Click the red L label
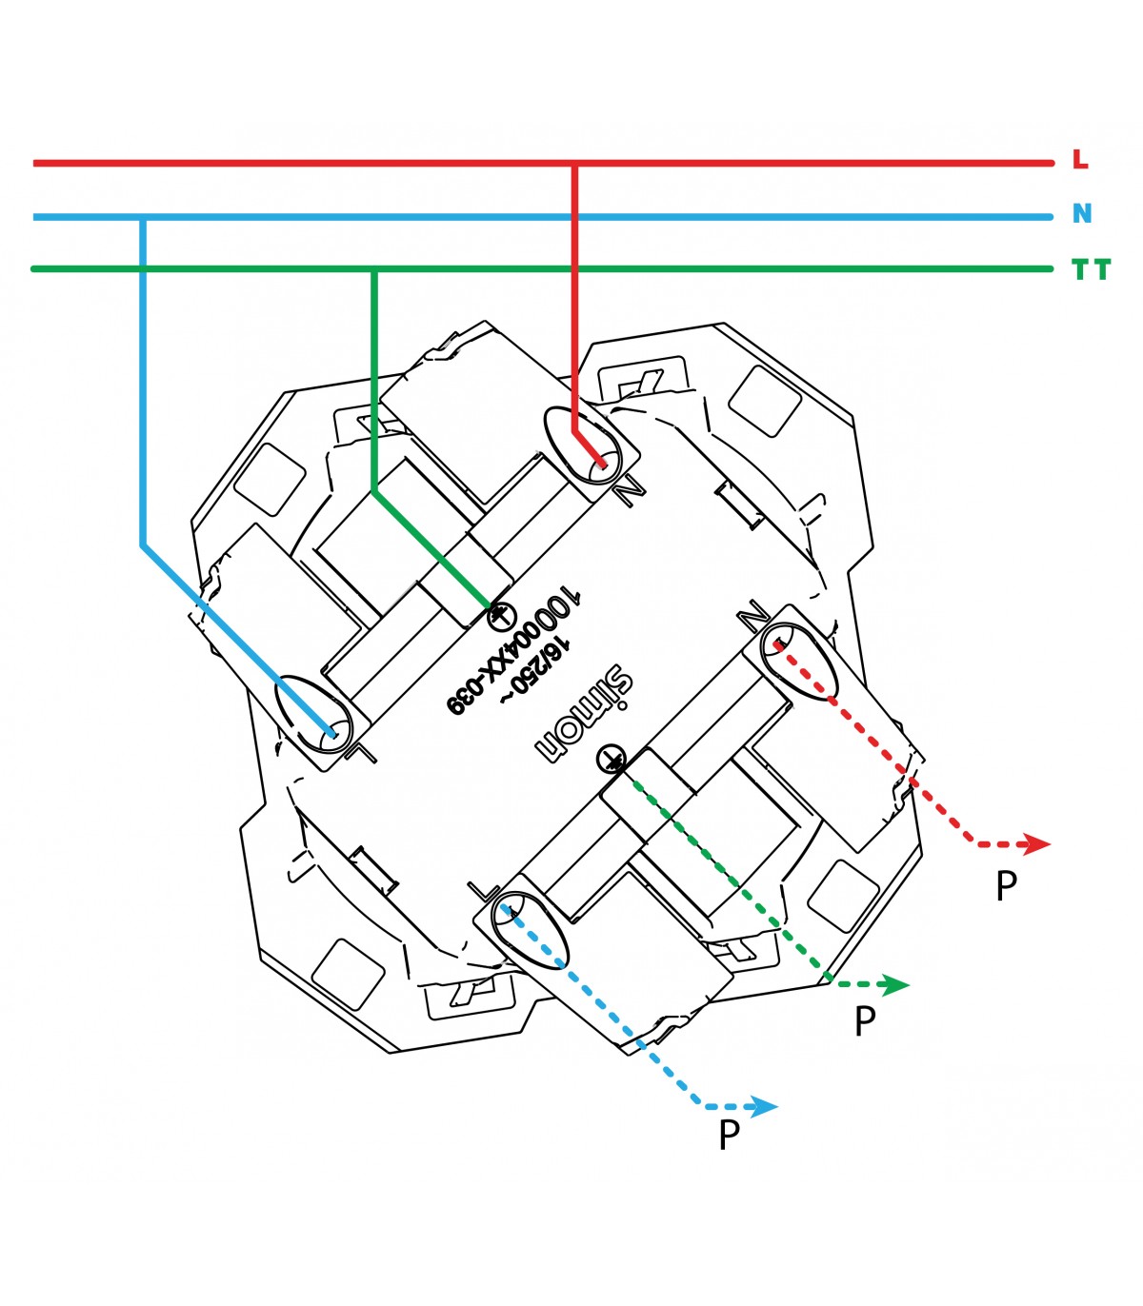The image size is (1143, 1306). [x=1080, y=159]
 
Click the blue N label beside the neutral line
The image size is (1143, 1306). [x=1082, y=212]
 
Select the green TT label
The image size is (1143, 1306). [x=1091, y=269]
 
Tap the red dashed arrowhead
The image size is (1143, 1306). [x=1036, y=844]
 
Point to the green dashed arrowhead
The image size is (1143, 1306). [x=895, y=984]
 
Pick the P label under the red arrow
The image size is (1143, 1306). [x=1007, y=885]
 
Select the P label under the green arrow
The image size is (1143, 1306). [x=865, y=1021]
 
